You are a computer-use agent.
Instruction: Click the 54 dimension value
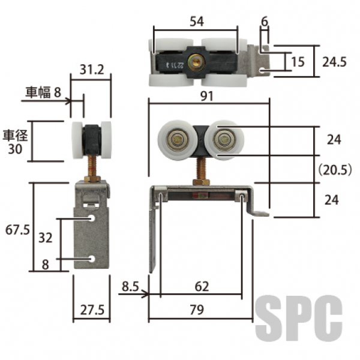coord(197,22)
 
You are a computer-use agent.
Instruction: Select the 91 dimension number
coord(207,96)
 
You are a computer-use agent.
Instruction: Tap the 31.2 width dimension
coord(92,70)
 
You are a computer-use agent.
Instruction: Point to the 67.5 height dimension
coord(17,230)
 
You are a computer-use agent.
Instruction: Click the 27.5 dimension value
coord(92,310)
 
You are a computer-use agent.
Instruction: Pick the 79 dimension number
coord(197,310)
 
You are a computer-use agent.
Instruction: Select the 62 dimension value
coord(202,287)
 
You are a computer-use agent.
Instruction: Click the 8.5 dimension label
coord(130,286)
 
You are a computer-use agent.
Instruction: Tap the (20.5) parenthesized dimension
coord(335,170)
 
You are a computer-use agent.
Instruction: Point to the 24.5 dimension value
coord(334,62)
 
